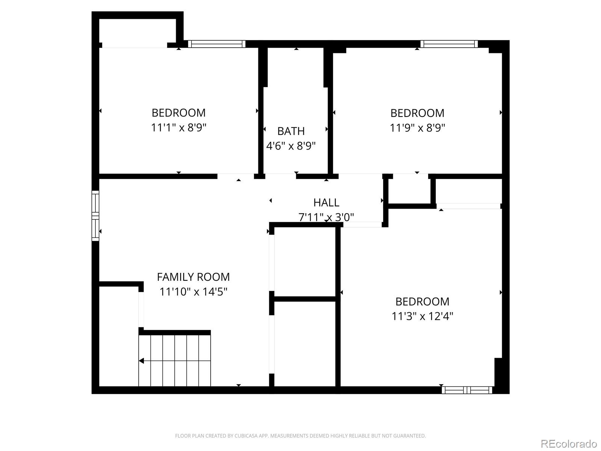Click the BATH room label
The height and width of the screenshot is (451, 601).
[x=291, y=131]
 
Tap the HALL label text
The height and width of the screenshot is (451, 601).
[x=326, y=203]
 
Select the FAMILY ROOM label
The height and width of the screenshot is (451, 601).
[x=193, y=277]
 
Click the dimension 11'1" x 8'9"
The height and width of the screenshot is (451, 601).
[x=178, y=128]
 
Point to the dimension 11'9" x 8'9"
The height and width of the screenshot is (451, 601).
[x=417, y=128]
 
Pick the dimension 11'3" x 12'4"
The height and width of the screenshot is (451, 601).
[x=422, y=316]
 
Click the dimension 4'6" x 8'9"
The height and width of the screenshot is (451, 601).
[x=291, y=146]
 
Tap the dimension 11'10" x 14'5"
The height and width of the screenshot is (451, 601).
[x=193, y=292]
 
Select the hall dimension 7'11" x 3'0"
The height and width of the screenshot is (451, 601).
[x=326, y=217]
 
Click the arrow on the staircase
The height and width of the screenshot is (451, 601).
[x=142, y=361]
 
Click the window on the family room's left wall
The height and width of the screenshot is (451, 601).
[x=95, y=216]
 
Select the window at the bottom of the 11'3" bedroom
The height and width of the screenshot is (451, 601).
[x=467, y=390]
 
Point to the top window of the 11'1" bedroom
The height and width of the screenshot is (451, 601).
[x=217, y=44]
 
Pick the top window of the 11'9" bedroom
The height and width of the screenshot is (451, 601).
[x=449, y=44]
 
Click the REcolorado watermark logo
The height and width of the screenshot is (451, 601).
[x=569, y=443]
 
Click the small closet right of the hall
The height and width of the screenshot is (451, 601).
[x=409, y=191]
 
